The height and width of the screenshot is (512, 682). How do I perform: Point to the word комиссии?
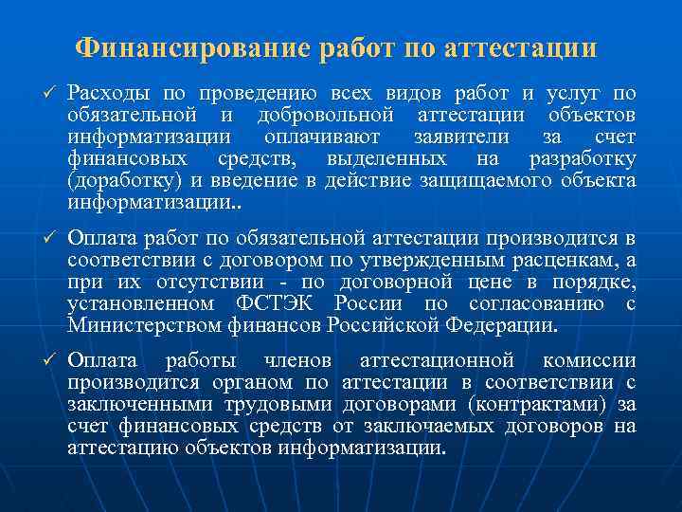click(x=589, y=361)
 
